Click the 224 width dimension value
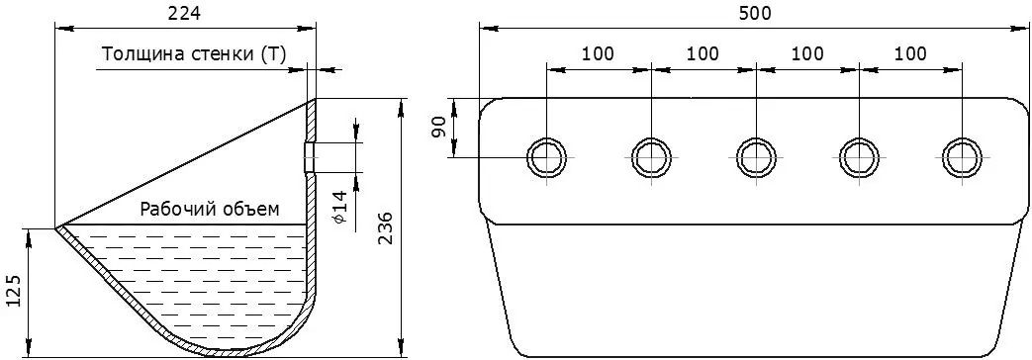(184, 14)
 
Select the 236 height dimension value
(386, 227)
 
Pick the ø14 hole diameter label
(339, 206)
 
